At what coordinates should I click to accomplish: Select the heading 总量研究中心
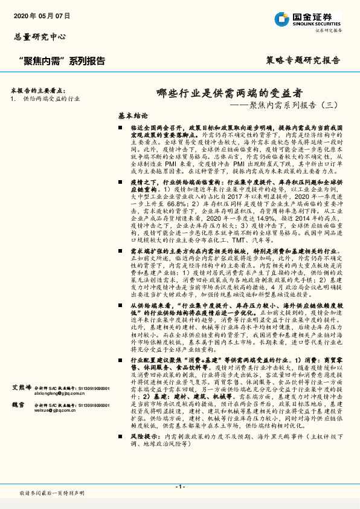point(40,37)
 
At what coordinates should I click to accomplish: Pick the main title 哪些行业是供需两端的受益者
point(229,94)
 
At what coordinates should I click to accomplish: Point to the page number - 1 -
point(180,486)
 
